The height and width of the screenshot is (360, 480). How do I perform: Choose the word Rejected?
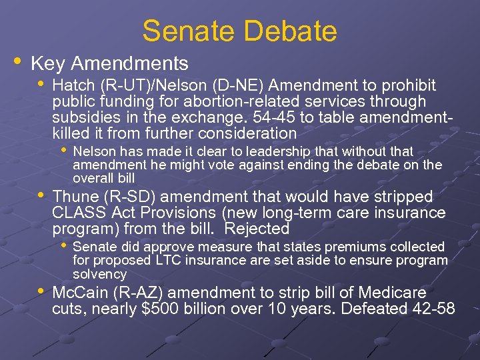coord(257,229)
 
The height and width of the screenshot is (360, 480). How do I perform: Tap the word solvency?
coord(99,274)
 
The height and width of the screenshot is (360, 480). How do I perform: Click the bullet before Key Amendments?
coord(17,62)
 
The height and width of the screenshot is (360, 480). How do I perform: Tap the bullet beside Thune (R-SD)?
coord(41,195)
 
